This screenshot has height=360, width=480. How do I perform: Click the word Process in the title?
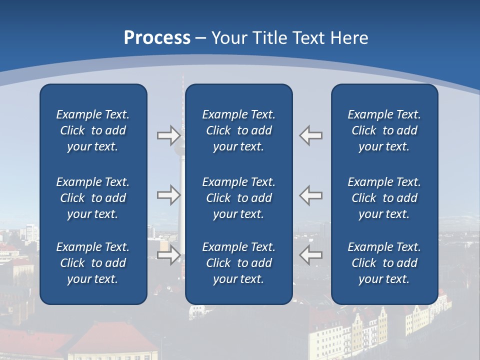157,38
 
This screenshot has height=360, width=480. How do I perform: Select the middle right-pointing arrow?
168,195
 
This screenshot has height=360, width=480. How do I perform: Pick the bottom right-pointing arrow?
168,255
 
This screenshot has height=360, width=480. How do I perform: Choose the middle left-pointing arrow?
310,195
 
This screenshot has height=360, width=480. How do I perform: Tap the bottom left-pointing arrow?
310,255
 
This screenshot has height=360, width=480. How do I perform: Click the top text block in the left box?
93,130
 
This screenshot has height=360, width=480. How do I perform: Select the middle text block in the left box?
93,198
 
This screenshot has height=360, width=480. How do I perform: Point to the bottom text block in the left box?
93,263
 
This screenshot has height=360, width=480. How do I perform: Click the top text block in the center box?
238,130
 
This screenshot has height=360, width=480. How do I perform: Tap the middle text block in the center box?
238,198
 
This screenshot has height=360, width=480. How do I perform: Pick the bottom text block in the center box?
238,263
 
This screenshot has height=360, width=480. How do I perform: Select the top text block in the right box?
384,130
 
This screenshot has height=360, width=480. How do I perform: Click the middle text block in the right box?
384,198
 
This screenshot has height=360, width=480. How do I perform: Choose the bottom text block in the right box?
384,263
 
